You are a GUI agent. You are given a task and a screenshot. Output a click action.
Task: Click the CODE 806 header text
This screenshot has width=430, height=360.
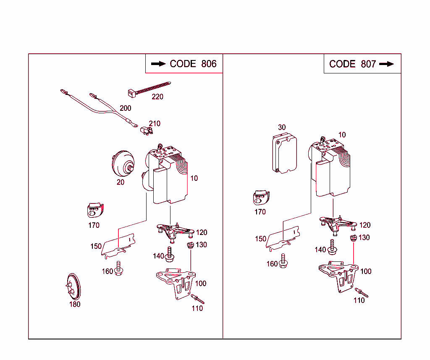pyautogui.click(x=193, y=64)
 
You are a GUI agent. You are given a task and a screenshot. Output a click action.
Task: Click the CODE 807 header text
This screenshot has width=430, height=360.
pyautogui.click(x=348, y=64)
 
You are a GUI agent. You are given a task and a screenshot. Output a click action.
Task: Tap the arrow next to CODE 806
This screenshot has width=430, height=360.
pyautogui.click(x=158, y=64)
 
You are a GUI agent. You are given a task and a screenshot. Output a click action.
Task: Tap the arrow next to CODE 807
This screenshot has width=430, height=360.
pyautogui.click(x=386, y=64)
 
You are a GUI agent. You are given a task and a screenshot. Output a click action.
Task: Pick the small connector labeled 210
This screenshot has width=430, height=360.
pyautogui.click(x=146, y=131)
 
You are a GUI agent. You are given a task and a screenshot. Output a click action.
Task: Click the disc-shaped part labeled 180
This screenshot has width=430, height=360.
pyautogui.click(x=74, y=287)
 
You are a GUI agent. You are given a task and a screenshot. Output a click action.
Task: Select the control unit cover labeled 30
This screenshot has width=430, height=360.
pyautogui.click(x=285, y=153)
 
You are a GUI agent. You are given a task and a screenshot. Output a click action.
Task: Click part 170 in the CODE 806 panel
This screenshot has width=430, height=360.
pyautogui.click(x=94, y=210)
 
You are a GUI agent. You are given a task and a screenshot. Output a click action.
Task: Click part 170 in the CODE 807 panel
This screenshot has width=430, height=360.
pyautogui.click(x=261, y=198)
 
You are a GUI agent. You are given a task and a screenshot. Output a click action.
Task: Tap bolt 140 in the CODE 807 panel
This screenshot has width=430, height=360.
pyautogui.click(x=332, y=247)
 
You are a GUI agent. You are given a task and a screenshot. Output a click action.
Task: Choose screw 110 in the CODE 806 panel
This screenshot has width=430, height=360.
pyautogui.click(x=198, y=299)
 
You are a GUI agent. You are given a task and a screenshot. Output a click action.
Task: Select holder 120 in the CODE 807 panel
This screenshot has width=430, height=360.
pyautogui.click(x=338, y=224)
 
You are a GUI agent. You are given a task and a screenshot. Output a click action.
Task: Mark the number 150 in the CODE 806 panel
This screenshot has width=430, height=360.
pyautogui.click(x=96, y=246)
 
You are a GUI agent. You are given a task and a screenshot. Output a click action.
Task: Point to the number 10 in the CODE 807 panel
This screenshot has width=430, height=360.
pyautogui.click(x=342, y=135)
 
